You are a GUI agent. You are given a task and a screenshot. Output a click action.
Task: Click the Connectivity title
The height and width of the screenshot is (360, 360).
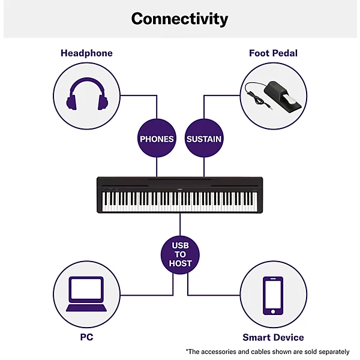point(180,19)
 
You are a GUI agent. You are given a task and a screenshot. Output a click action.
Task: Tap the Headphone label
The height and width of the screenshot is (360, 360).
point(86,53)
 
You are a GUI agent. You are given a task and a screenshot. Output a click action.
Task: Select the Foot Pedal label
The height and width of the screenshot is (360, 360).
point(273,53)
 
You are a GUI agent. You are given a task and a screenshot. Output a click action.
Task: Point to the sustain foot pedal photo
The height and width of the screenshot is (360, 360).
point(274,95)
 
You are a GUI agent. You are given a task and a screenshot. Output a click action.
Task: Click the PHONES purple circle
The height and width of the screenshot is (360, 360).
point(157,139)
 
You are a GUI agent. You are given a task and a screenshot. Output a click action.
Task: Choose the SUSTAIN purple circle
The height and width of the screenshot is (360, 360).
point(204,139)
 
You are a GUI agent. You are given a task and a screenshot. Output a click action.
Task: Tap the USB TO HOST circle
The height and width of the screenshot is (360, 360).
point(180,255)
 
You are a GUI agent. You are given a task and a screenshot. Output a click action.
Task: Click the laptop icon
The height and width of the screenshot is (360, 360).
point(86,294)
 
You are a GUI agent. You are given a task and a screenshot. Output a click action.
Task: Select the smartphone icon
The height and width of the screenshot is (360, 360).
point(274,295)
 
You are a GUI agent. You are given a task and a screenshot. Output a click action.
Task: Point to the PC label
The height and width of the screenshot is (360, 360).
point(86,337)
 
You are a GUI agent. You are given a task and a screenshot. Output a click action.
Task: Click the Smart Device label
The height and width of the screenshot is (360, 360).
point(273,337)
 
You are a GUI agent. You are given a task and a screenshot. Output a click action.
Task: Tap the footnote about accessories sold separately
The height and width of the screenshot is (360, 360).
point(268,351)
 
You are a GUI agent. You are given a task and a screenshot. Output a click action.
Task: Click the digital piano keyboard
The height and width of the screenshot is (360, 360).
point(180,195)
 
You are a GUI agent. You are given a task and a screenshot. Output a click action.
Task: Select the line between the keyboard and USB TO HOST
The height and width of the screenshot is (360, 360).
point(180,225)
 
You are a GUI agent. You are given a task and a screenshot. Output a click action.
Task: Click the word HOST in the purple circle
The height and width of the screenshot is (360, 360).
point(180,264)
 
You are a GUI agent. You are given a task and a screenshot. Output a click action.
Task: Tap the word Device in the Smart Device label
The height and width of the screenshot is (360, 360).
point(288,337)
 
